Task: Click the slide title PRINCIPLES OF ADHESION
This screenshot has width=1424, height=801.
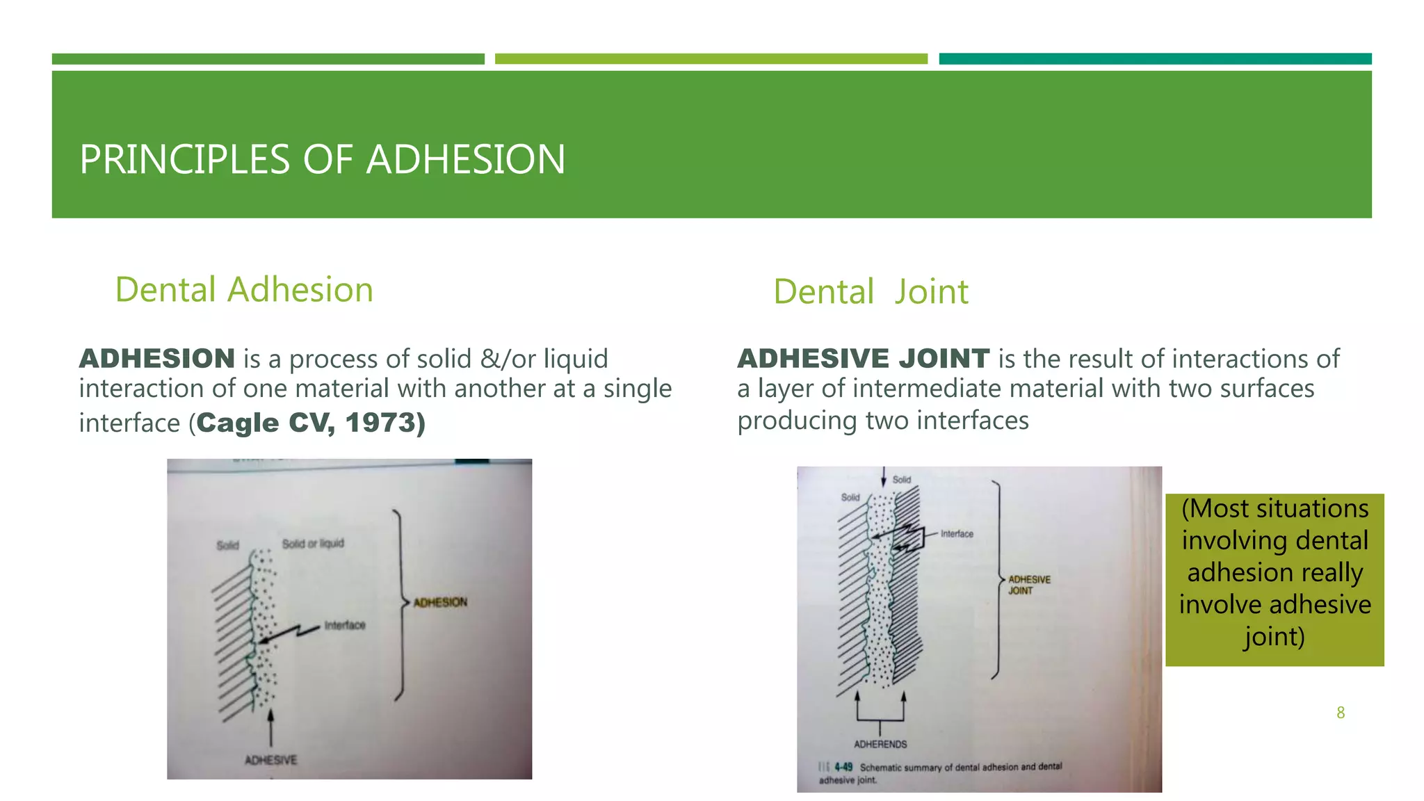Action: (322, 159)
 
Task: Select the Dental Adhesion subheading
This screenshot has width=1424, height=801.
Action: (244, 290)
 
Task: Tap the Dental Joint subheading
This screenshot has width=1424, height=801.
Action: (871, 292)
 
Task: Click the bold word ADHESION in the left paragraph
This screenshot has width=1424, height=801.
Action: (157, 359)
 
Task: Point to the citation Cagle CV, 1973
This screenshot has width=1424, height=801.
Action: (310, 423)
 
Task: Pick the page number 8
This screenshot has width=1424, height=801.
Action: (1341, 713)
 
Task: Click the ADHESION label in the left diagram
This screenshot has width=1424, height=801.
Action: (440, 602)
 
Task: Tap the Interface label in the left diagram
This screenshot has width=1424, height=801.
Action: (344, 625)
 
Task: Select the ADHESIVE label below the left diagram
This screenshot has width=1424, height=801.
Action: (270, 760)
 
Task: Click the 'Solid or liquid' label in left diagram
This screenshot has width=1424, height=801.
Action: (313, 543)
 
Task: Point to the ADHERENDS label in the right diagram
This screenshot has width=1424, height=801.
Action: (880, 744)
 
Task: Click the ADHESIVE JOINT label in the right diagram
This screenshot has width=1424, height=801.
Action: (1029, 585)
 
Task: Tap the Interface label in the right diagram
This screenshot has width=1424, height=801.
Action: (957, 534)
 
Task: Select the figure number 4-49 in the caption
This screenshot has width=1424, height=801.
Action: (843, 767)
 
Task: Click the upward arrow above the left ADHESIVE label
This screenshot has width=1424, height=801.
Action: (270, 727)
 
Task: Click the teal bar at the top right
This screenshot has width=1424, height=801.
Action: (1155, 59)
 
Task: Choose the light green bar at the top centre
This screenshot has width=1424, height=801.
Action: (711, 59)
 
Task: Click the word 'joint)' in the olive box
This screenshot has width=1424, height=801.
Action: (1274, 637)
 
